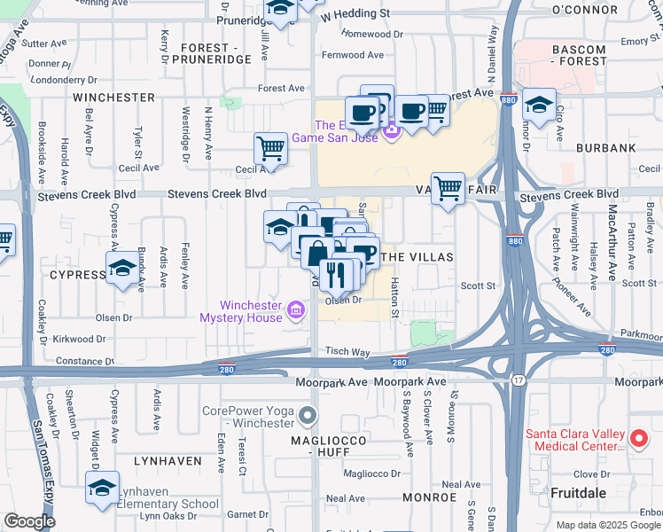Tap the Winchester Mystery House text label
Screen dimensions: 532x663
point(239,310)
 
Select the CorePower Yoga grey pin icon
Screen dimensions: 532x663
point(308,415)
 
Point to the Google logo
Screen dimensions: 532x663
point(29,521)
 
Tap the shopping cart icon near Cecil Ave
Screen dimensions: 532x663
point(270,149)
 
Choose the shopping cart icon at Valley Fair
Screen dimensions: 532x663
point(448,188)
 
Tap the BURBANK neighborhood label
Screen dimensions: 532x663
point(605,148)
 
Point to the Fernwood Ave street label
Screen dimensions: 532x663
point(353,55)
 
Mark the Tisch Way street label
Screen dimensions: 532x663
point(347,351)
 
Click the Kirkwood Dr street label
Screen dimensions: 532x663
point(80,339)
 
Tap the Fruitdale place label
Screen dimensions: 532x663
point(579,491)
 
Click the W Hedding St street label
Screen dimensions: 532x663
point(355,15)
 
